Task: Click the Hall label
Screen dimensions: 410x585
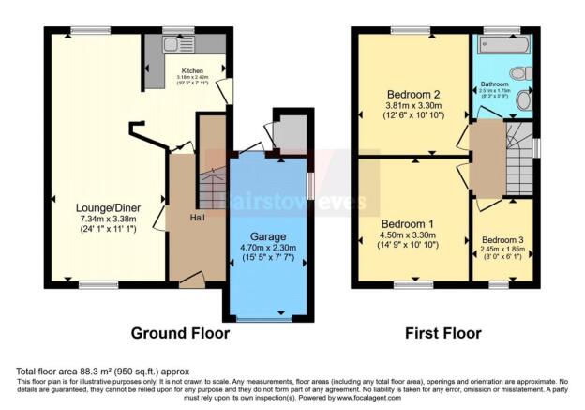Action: pos(199,218)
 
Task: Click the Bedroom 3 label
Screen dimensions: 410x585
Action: pos(502,240)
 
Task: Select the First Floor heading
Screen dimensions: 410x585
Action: pos(442,333)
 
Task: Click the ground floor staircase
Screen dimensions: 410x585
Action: pos(213,188)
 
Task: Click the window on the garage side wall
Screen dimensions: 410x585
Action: pos(310,183)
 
